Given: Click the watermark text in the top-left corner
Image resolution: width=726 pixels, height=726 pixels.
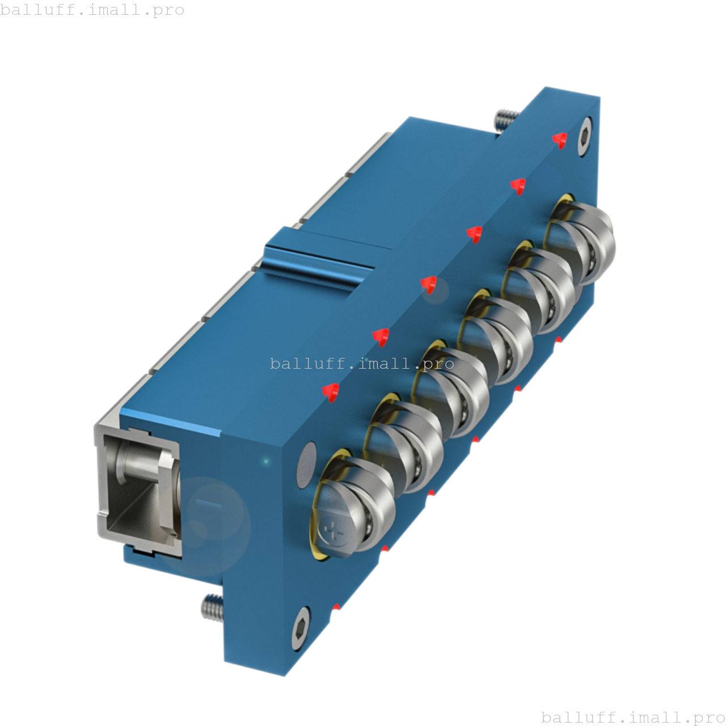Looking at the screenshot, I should pyautogui.click(x=92, y=10).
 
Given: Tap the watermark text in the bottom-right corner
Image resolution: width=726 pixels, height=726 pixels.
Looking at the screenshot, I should pyautogui.click(x=633, y=717).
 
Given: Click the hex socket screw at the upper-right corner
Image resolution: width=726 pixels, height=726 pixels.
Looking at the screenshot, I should pyautogui.click(x=584, y=136).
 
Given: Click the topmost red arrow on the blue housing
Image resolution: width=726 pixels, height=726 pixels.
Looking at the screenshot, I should pyautogui.click(x=560, y=140).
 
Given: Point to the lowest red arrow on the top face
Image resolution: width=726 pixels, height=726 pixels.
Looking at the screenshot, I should pyautogui.click(x=330, y=391).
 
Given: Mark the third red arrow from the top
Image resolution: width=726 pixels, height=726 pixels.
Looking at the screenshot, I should pyautogui.click(x=474, y=234).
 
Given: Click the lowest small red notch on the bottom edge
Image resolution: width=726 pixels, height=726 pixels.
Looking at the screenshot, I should pyautogui.click(x=336, y=607).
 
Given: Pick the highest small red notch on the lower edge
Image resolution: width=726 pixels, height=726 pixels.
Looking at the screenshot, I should pyautogui.click(x=558, y=340).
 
